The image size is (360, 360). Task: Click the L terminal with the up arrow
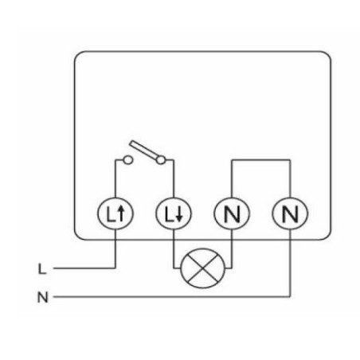click(115, 213)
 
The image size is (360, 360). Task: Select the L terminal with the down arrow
click(174, 213)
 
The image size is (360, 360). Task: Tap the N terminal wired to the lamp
click(232, 213)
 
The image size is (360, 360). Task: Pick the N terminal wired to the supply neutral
click(290, 213)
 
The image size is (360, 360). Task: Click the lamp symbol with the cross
click(202, 268)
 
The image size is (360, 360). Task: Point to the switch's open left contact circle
click(128, 160)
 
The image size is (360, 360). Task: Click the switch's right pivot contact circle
click(161, 160)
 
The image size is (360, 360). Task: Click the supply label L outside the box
click(42, 268)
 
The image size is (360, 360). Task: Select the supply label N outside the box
click(43, 297)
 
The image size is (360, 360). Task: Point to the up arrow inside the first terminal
click(121, 213)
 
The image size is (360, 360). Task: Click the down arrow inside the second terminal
click(179, 213)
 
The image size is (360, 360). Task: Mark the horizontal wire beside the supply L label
click(84, 268)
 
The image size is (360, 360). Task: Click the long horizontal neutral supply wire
click(172, 296)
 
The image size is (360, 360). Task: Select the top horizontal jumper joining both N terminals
click(260, 160)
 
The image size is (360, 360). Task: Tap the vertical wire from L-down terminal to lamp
click(174, 248)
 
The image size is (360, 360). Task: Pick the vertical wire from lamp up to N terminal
click(232, 248)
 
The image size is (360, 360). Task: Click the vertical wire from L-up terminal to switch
click(115, 178)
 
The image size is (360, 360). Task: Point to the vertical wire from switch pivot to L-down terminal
click(174, 178)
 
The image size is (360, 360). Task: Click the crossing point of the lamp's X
click(202, 268)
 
